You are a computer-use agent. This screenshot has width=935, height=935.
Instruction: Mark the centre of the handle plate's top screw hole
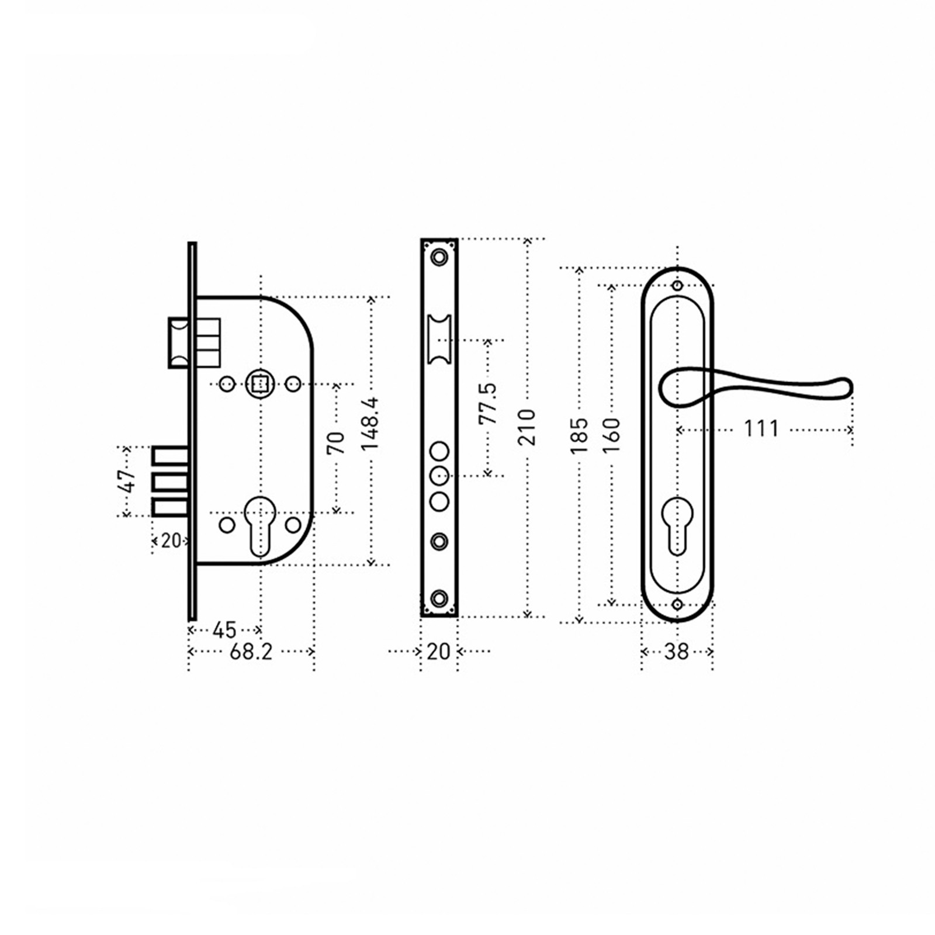pos(677,286)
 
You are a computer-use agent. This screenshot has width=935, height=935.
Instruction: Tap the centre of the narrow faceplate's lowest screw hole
pos(439,598)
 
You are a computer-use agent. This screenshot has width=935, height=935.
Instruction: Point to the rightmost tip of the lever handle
pos(853,387)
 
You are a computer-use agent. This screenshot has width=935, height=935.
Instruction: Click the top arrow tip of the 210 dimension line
pos(527,239)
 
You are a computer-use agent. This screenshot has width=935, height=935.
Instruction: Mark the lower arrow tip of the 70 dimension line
pos(336,512)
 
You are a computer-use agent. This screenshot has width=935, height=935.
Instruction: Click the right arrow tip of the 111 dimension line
pos(851,430)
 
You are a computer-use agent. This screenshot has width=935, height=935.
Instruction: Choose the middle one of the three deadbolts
pos(171,482)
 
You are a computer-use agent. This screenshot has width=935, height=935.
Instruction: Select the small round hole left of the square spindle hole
pos(227,384)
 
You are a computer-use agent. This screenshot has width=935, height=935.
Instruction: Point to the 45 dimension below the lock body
pos(224,630)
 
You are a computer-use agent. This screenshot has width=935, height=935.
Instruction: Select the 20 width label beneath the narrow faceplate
pos(439,651)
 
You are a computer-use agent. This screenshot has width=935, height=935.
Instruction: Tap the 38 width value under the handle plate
pos(677,651)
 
